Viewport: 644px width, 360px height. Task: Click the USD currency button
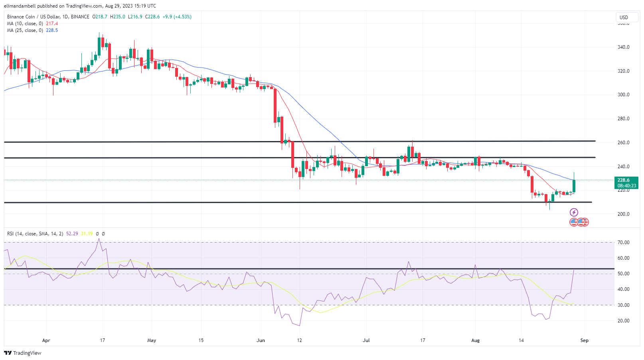click(x=624, y=17)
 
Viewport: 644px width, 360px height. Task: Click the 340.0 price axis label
click(x=623, y=47)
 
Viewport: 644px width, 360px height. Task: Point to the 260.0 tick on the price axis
click(x=623, y=143)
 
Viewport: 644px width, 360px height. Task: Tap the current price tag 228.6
click(x=623, y=180)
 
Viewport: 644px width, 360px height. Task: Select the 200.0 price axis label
click(x=623, y=214)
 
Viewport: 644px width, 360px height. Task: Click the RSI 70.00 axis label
click(x=623, y=243)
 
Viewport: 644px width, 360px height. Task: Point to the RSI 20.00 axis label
click(x=623, y=321)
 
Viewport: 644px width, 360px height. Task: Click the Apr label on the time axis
click(x=46, y=340)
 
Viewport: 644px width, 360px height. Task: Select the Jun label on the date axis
click(x=261, y=340)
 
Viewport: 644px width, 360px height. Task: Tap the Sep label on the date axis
click(x=584, y=340)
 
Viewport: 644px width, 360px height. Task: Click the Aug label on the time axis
click(x=475, y=340)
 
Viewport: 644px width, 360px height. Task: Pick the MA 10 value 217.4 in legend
click(x=52, y=24)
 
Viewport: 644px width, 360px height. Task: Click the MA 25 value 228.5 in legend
click(x=52, y=30)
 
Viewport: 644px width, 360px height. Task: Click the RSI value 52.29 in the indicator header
click(x=72, y=234)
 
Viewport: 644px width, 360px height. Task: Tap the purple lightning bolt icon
click(x=574, y=212)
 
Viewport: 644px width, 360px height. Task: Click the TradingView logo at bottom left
click(x=23, y=353)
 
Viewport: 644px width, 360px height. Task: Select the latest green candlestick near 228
click(x=574, y=186)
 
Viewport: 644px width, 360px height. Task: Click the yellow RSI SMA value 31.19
click(x=87, y=234)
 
